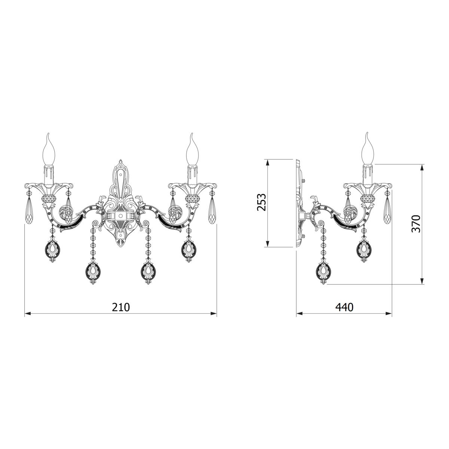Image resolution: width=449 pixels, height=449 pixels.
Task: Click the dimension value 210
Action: click(x=121, y=307)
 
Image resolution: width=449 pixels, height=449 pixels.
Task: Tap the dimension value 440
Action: click(x=344, y=307)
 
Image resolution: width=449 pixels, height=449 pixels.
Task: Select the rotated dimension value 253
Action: click(x=262, y=202)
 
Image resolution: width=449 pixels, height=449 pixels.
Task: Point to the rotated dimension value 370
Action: click(x=416, y=224)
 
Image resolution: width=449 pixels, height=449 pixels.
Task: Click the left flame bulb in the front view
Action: click(x=49, y=149)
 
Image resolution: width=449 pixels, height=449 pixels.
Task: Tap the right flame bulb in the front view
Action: click(x=192, y=149)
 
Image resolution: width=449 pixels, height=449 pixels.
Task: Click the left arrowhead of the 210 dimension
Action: click(x=27, y=314)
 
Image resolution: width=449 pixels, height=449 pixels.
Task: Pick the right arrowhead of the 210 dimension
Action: click(x=214, y=314)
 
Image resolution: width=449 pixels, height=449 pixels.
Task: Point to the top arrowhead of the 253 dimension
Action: click(x=268, y=162)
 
